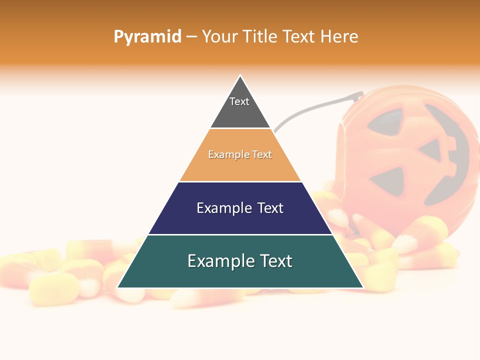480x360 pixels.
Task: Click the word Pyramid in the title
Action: tap(147, 37)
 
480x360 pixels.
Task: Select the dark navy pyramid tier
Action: tap(240, 220)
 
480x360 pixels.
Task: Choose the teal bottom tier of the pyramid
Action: tap(240, 272)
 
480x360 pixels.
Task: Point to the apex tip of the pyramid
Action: tap(240, 76)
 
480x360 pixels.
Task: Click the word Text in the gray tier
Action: tap(239, 101)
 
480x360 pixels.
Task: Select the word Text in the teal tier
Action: tap(272, 261)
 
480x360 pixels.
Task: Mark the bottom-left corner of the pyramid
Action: tap(117, 287)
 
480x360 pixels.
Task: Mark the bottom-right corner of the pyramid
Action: tap(363, 287)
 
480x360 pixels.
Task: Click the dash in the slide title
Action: tap(191, 37)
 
